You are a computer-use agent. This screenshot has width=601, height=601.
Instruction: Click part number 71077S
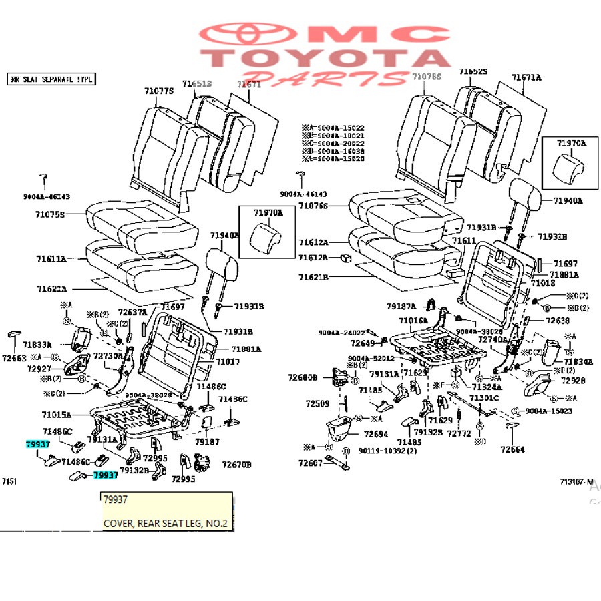tap(158, 90)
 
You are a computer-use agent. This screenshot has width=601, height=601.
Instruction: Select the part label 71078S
tap(427, 77)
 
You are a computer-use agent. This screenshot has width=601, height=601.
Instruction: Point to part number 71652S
tap(473, 71)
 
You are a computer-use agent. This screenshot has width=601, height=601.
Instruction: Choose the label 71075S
tap(51, 214)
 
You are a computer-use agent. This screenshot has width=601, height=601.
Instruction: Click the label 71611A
tap(51, 258)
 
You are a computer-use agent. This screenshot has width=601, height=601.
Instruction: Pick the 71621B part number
tap(313, 276)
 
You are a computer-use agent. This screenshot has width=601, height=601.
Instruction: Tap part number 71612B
tap(313, 258)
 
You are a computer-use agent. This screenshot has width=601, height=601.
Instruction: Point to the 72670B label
tap(236, 464)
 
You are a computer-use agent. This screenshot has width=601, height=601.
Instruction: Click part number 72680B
tap(303, 377)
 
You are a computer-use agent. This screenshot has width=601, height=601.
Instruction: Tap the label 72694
tap(376, 434)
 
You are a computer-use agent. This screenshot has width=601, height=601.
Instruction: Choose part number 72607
tap(310, 463)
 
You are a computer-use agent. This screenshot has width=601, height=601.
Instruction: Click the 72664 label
tap(514, 449)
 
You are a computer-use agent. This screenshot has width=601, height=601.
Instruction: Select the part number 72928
tap(573, 381)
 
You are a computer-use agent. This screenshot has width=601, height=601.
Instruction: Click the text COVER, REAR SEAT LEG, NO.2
tap(165, 524)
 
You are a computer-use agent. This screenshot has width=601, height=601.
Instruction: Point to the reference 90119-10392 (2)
tap(387, 451)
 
